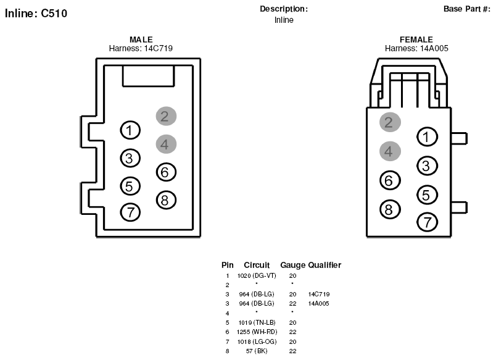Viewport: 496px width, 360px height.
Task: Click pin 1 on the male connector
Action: (x=130, y=130)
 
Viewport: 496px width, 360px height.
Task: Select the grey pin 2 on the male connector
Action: (x=166, y=116)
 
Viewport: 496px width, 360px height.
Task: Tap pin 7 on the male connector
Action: (x=130, y=212)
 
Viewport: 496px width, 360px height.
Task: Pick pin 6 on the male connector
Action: (x=166, y=172)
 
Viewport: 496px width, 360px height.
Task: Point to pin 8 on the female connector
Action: (x=390, y=209)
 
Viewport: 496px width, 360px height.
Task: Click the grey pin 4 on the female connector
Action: (x=390, y=151)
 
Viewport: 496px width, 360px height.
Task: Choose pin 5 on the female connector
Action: (x=427, y=195)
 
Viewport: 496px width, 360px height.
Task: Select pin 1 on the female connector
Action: (x=427, y=137)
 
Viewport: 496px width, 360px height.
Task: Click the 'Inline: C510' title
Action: (x=36, y=14)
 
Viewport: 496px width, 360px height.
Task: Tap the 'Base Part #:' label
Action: (x=466, y=9)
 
